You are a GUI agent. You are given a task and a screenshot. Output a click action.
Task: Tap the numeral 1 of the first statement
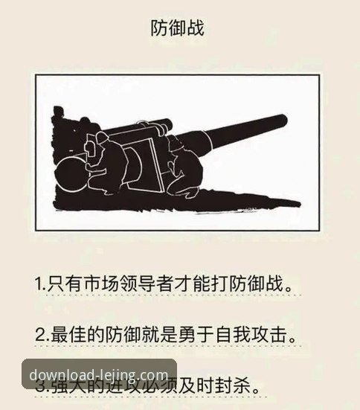click(x=38, y=284)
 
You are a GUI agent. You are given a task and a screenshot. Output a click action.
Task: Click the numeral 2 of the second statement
click(x=39, y=333)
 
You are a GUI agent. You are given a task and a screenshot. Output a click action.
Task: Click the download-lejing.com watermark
click(x=99, y=373)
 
